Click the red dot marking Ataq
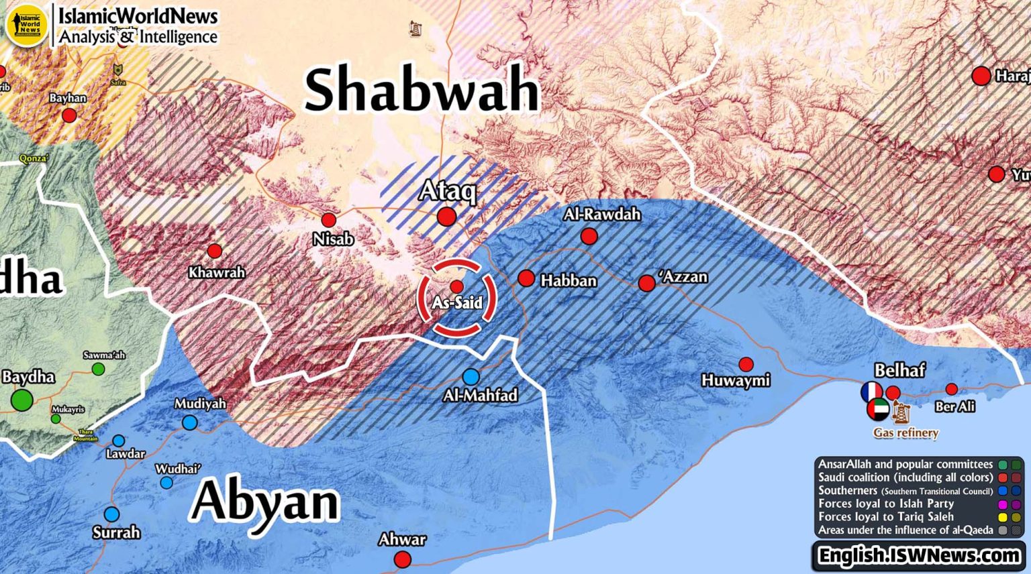[x=446, y=217]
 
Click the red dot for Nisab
[x=328, y=220]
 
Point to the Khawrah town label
[x=216, y=273]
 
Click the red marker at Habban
[x=526, y=278]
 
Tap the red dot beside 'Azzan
[x=646, y=283]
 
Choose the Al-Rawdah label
[x=602, y=215]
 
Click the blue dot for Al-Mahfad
[x=471, y=376]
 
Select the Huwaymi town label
[x=736, y=381]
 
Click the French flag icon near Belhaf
[x=872, y=392]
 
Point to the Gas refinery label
[x=905, y=433]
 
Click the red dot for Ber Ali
[x=951, y=389]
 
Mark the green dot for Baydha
[x=21, y=401]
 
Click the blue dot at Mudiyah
[x=190, y=422]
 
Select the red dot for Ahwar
[x=402, y=559]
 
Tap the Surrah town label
[x=116, y=533]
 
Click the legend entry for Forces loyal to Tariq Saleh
[x=885, y=517]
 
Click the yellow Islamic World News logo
[x=27, y=25]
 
